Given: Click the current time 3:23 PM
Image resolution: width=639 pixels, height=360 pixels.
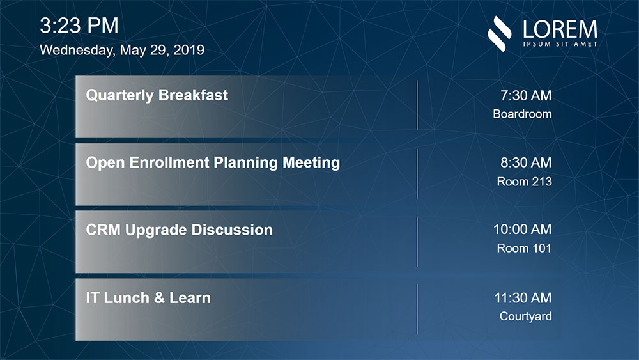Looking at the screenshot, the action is point(79,26).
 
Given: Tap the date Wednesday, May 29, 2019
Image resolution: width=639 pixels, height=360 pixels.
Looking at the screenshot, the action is point(122,50).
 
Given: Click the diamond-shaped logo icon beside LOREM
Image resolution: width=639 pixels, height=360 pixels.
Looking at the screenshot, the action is point(500,34).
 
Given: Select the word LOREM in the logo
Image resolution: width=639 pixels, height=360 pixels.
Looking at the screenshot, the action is point(560,29).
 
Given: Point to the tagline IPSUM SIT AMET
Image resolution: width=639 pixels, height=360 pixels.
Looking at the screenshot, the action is point(560,44).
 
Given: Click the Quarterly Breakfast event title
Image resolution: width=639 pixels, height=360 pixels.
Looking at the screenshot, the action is point(157,95).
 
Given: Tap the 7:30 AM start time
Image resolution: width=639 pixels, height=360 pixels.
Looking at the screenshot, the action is point(526,95).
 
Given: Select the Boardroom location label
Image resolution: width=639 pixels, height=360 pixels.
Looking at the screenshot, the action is point(522,114).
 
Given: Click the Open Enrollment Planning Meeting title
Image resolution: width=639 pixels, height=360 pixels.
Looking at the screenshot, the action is point(213,162).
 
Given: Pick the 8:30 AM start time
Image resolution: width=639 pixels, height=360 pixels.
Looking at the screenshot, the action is point(526,162).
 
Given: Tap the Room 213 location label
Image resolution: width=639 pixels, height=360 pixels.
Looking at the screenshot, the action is point(524,181).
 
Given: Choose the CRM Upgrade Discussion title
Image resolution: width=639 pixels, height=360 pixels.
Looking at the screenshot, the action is point(180,230).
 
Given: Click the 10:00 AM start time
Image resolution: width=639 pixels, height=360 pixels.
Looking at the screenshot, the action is point(522,230).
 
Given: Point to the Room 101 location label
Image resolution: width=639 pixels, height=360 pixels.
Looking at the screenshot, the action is point(524,248).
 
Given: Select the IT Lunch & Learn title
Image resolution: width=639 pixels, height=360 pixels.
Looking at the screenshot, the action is point(148,297).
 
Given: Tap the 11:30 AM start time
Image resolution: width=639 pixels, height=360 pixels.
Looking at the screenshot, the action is point(523,298).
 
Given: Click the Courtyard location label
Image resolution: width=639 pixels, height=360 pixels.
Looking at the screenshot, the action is point(526,317).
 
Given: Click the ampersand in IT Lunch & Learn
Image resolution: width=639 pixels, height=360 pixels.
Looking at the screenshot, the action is point(159,297).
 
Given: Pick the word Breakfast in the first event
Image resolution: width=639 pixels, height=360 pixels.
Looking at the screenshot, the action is point(193,95).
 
